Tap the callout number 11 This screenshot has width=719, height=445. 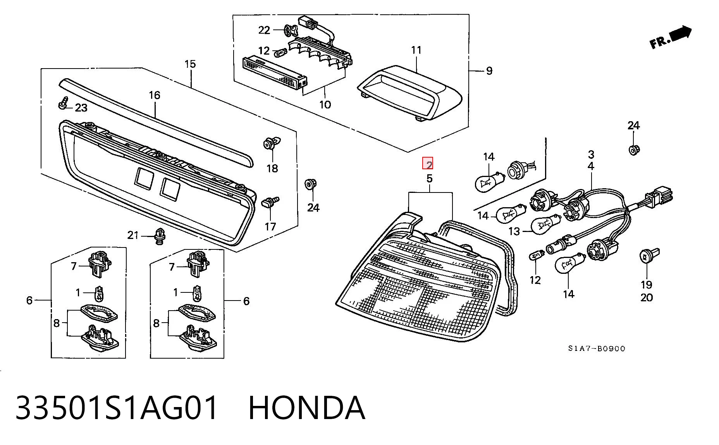(x=416, y=50)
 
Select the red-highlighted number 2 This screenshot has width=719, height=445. (x=428, y=164)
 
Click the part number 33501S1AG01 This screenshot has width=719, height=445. (x=116, y=408)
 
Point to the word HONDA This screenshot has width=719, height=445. (x=306, y=408)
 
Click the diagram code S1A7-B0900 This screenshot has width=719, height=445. (x=597, y=349)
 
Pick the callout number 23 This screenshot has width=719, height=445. (x=81, y=108)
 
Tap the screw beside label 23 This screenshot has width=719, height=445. (x=63, y=102)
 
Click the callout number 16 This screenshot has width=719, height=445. (x=154, y=95)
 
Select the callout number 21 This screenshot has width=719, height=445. (x=133, y=235)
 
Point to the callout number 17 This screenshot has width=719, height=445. (x=270, y=227)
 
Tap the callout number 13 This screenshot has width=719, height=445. (x=514, y=232)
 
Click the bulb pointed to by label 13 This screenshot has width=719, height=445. (x=545, y=225)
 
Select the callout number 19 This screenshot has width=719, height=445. (x=646, y=285)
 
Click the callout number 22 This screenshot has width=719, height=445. (x=264, y=30)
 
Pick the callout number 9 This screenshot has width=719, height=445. (x=489, y=71)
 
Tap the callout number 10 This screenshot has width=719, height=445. (x=325, y=105)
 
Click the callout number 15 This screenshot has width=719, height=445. (x=190, y=64)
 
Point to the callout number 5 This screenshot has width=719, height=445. (x=429, y=179)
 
